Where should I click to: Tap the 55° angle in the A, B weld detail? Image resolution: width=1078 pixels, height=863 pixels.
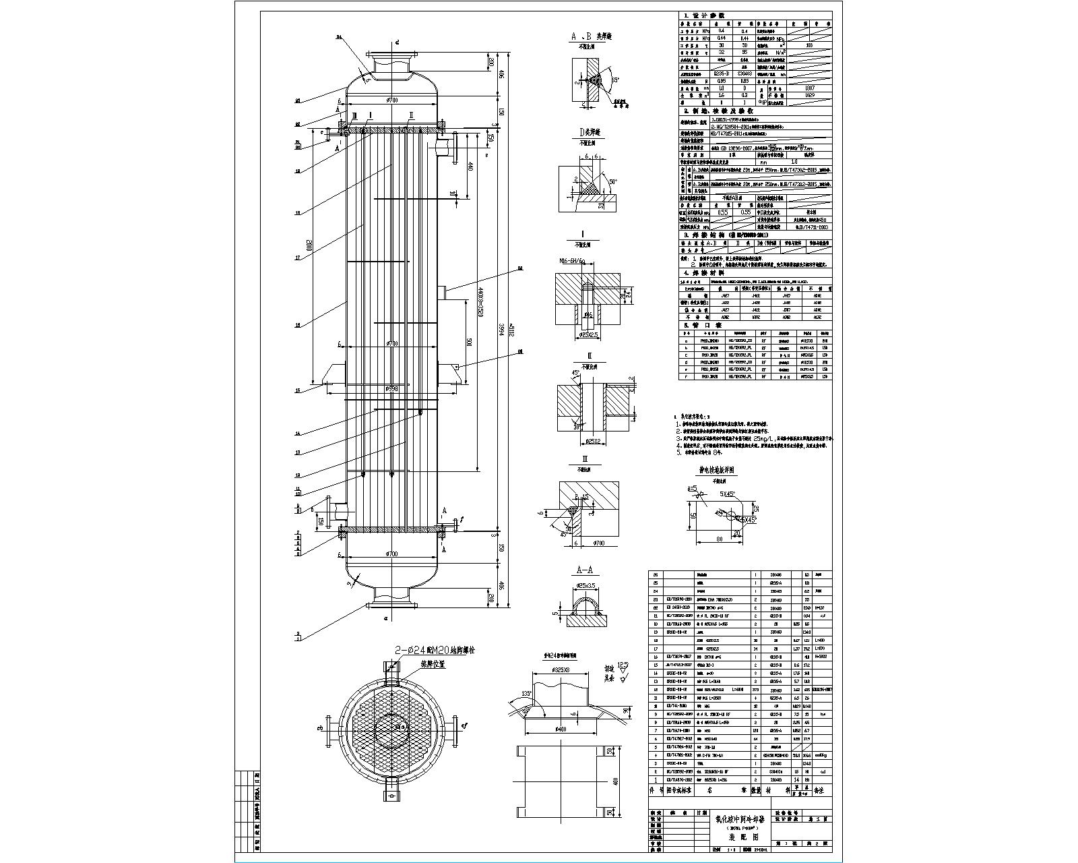pyautogui.click(x=614, y=80)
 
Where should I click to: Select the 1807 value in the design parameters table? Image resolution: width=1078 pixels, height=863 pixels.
pyautogui.click(x=810, y=88)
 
